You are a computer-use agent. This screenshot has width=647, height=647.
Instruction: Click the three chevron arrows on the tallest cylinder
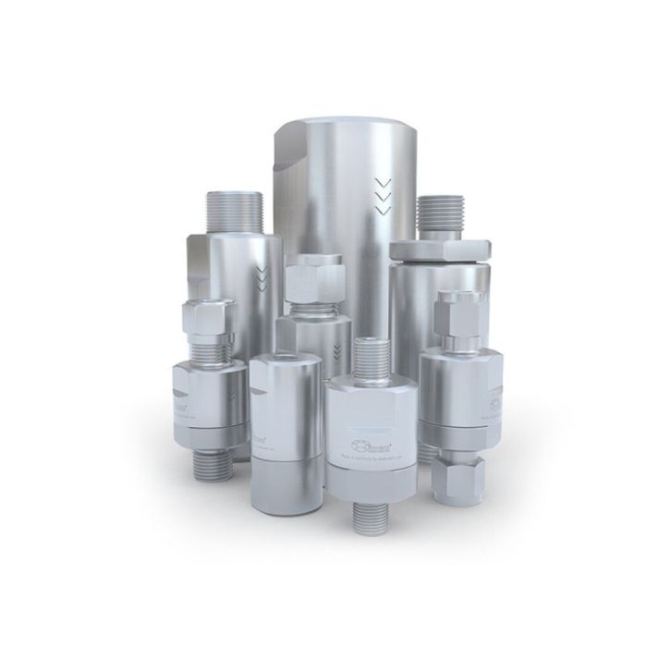click(382, 195)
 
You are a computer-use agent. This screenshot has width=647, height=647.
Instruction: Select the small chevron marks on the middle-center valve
click(335, 349)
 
